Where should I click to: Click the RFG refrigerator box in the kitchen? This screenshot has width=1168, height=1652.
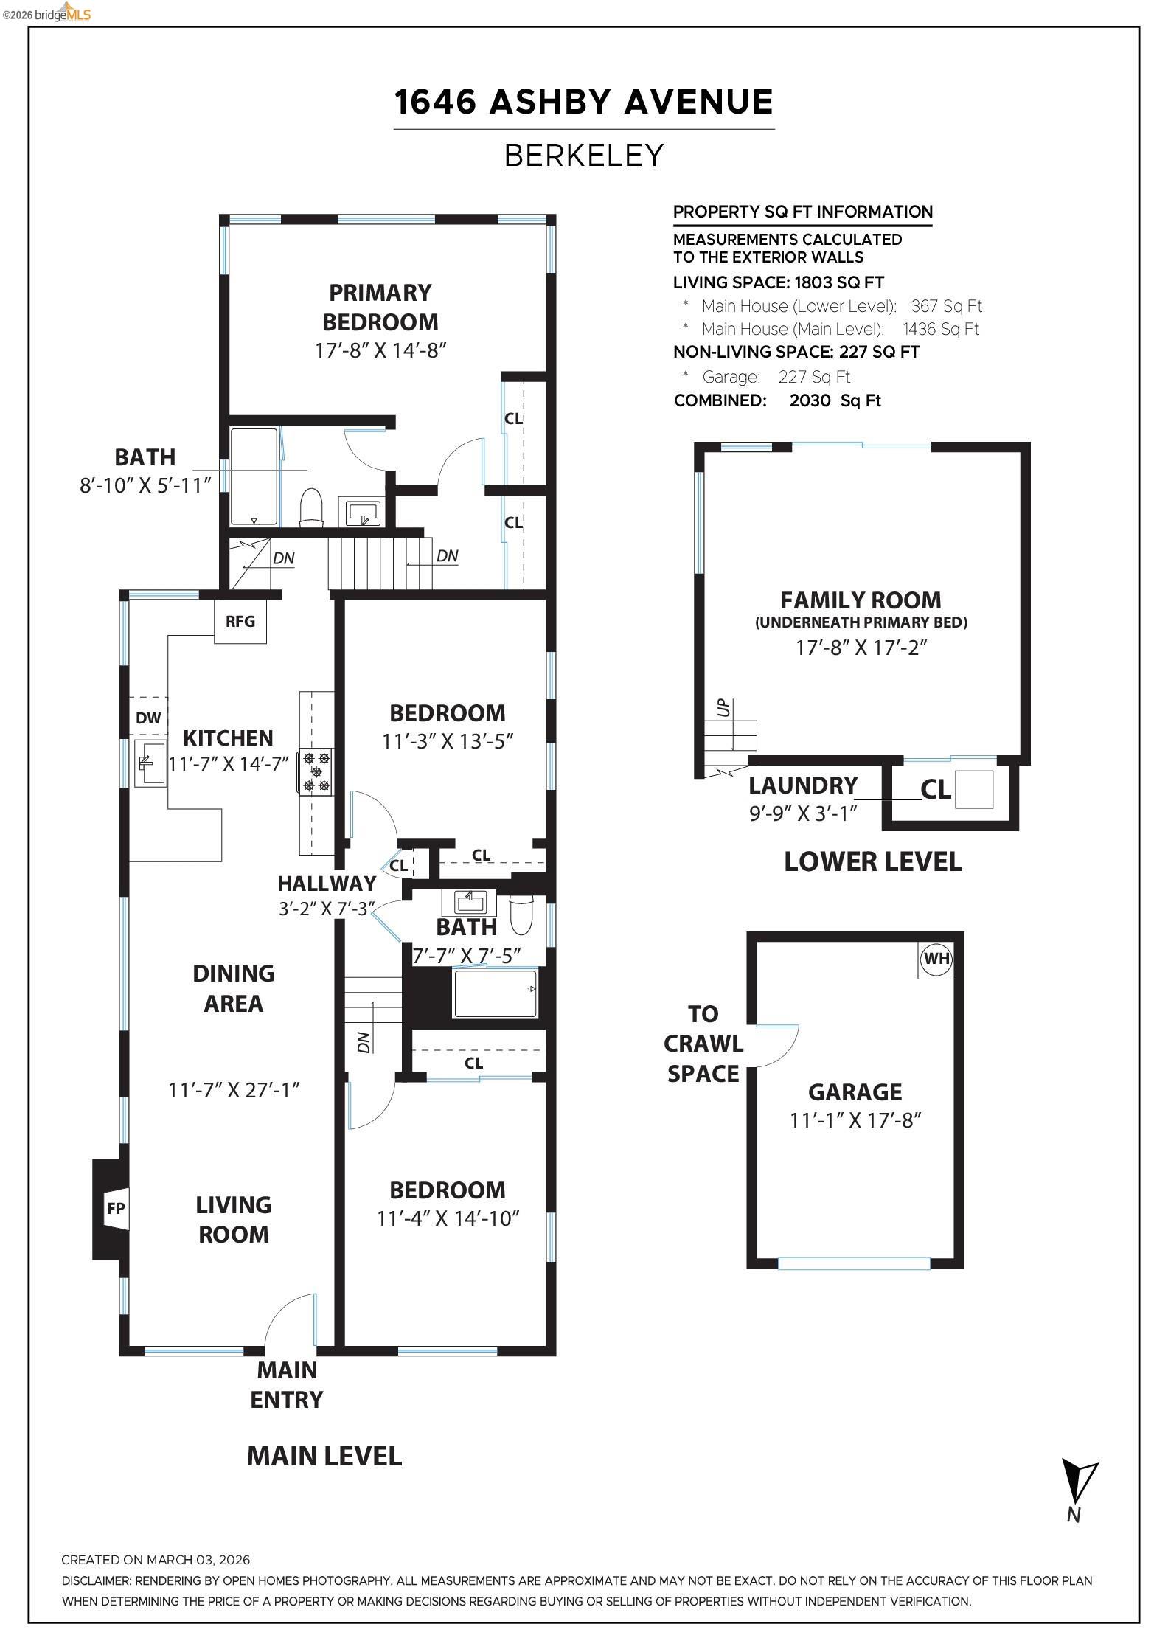240,621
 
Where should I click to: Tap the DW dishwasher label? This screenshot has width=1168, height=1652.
148,718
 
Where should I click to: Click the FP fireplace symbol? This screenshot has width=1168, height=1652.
116,1208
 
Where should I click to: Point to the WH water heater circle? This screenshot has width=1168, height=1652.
936,959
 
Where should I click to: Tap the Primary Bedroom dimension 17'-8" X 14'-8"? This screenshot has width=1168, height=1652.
380,350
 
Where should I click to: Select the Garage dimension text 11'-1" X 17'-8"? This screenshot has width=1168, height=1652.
855,1120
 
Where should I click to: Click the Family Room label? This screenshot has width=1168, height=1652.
861,600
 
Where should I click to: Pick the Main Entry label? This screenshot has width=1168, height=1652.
287,1384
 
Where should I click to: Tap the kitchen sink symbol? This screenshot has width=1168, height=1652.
150,763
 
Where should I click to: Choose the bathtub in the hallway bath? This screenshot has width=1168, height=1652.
495,994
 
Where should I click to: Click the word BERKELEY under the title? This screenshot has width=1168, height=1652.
584,156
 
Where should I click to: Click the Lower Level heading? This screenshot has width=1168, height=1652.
872,861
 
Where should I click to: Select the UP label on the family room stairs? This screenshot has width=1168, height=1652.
724,708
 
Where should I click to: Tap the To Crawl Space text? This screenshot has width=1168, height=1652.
703,1044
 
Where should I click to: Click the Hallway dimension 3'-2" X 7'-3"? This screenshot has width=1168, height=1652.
327,909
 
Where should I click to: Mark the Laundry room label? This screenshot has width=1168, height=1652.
803,785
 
